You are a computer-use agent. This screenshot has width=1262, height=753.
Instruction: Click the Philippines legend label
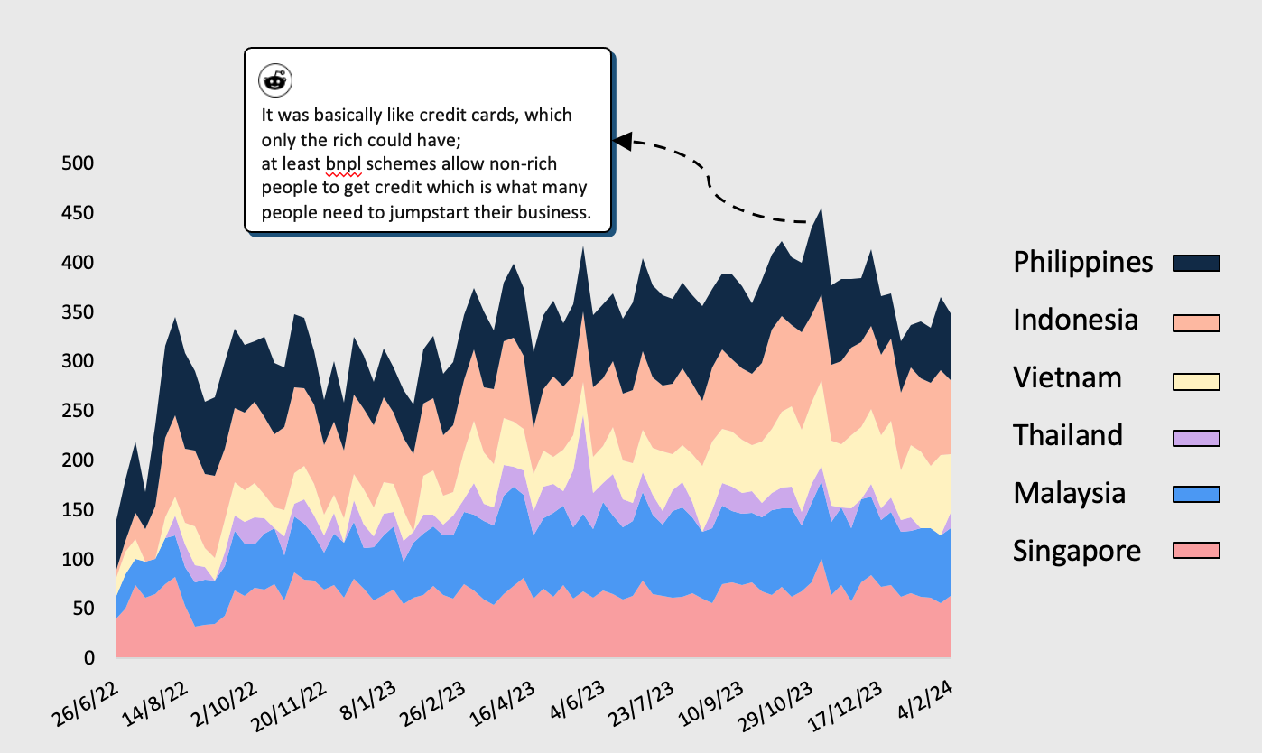click(1083, 262)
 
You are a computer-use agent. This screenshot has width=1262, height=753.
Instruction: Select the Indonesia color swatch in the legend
click(1196, 322)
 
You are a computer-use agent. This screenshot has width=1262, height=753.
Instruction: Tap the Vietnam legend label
click(1068, 377)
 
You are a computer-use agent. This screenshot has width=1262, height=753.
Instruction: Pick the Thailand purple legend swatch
click(1196, 437)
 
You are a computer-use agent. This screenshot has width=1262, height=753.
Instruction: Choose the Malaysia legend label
click(1070, 493)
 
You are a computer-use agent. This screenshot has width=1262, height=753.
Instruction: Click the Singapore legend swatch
click(1196, 551)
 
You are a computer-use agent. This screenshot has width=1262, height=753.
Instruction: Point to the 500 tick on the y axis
click(79, 163)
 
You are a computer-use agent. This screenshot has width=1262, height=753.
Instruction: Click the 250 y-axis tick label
click(79, 411)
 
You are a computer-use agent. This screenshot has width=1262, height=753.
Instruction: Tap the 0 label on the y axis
click(89, 659)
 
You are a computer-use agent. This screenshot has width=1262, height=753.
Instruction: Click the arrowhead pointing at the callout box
click(622, 140)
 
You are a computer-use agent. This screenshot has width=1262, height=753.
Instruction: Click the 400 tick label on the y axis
click(79, 263)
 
